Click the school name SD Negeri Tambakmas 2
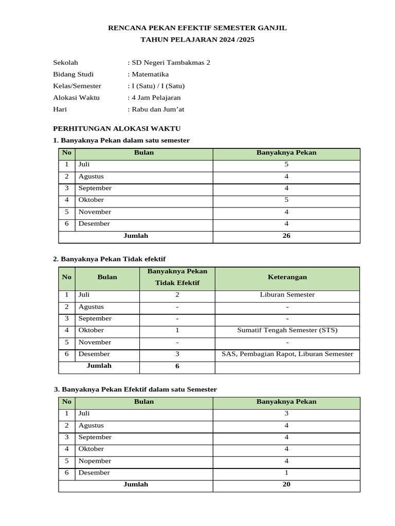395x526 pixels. [171, 63]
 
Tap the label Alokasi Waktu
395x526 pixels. [76, 98]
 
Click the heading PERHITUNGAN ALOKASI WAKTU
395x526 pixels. [117, 128]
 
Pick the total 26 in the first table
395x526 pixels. [286, 236]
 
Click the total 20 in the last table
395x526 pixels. [286, 484]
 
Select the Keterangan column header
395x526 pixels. [287, 277]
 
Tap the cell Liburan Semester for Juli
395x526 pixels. [287, 295]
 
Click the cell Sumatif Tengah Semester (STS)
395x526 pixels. [287, 330]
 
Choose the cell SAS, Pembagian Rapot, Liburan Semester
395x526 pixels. [287, 354]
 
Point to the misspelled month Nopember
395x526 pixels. [95, 461]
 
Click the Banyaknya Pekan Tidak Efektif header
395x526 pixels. [177, 277]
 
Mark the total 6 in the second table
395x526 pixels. [177, 366]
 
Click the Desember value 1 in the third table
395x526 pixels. [286, 473]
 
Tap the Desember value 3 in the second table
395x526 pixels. [177, 354]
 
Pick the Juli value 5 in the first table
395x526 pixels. [286, 164]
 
